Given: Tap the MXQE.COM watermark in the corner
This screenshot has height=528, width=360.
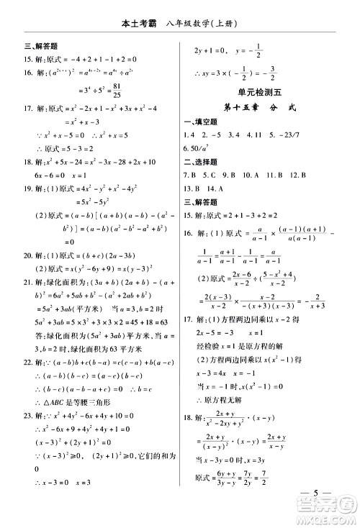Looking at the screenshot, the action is point(335,516).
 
